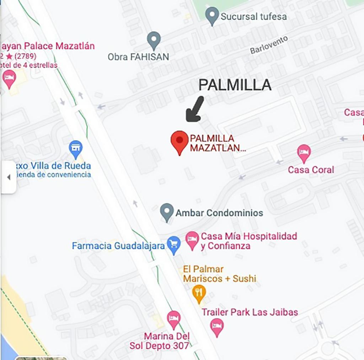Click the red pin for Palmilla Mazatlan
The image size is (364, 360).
pos(180,141)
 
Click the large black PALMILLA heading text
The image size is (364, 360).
pos(235,85)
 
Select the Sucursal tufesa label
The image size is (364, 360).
pos(253,16)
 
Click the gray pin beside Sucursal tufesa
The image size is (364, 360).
pos(212,15)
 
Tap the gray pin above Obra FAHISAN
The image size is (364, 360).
pos(154,40)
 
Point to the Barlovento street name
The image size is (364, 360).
pos(269,45)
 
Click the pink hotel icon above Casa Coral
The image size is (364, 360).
pos(304,153)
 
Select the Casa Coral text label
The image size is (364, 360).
pos(311,170)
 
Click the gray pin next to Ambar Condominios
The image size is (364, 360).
pos(167,212)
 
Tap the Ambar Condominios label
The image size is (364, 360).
pos(219,213)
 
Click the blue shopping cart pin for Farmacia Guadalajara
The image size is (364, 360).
pos(174,245)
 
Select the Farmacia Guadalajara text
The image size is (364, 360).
pos(118,246)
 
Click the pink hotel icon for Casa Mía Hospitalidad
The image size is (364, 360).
pos(192,240)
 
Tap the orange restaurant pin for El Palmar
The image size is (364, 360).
pos(199,293)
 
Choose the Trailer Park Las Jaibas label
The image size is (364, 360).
pos(250,312)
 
